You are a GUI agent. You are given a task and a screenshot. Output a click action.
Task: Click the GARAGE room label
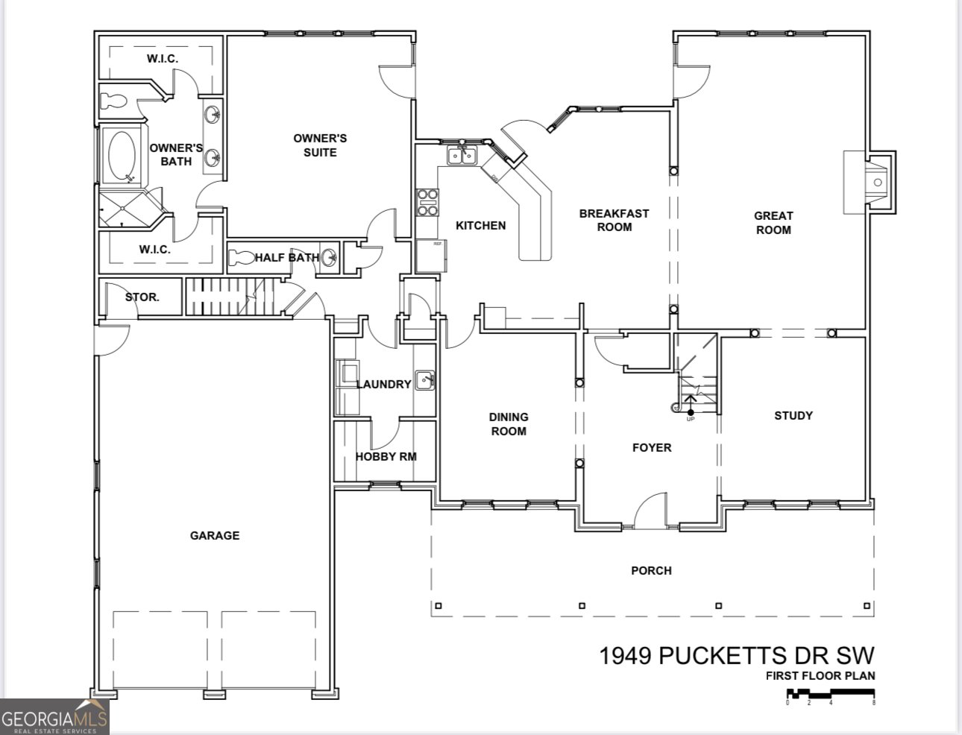(215, 535)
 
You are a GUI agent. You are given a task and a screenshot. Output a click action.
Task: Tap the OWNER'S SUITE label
(320, 145)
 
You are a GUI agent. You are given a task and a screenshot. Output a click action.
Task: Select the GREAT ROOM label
(773, 223)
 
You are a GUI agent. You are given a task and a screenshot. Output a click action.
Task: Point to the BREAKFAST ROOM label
(614, 220)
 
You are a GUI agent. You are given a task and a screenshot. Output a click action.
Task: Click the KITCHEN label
(480, 225)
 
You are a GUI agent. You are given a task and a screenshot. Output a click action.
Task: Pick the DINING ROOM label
(508, 424)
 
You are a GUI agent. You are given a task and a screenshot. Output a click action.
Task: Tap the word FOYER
(652, 447)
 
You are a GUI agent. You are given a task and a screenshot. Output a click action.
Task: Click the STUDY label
(793, 415)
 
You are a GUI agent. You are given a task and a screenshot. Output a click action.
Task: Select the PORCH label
(651, 570)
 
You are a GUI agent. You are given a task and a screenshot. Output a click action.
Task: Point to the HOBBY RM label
(386, 456)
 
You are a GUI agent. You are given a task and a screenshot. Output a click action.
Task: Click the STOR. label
(142, 297)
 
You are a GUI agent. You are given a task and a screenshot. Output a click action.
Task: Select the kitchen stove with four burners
(427, 203)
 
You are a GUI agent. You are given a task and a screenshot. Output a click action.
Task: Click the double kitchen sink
(462, 156)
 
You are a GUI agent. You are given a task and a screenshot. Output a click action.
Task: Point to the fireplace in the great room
(871, 182)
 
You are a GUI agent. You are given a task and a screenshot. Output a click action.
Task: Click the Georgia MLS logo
(54, 717)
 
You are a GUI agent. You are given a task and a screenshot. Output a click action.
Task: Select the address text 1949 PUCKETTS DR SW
(737, 656)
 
